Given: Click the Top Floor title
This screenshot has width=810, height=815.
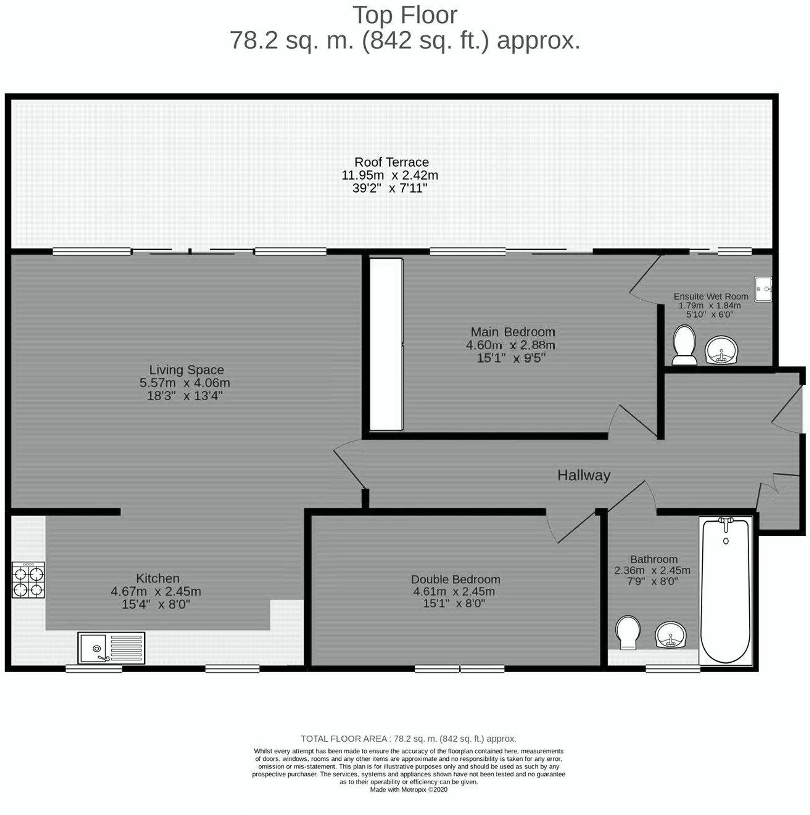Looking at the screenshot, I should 404,15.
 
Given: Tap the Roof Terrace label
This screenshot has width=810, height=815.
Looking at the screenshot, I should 391,162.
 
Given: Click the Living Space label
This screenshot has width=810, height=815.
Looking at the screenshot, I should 186,370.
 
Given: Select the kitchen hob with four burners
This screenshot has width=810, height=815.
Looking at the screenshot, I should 28,579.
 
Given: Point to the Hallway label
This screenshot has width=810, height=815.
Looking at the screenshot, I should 583,475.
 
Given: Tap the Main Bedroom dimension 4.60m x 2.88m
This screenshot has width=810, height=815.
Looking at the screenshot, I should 510,345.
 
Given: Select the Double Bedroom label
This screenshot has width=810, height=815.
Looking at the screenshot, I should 456,579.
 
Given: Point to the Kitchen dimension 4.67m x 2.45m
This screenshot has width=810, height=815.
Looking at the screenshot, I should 156,592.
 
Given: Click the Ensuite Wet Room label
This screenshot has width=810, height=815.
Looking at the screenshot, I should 711,297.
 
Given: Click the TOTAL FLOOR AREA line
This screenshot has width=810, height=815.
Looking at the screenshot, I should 408,739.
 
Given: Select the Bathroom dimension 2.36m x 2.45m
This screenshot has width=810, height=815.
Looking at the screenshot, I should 652,570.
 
